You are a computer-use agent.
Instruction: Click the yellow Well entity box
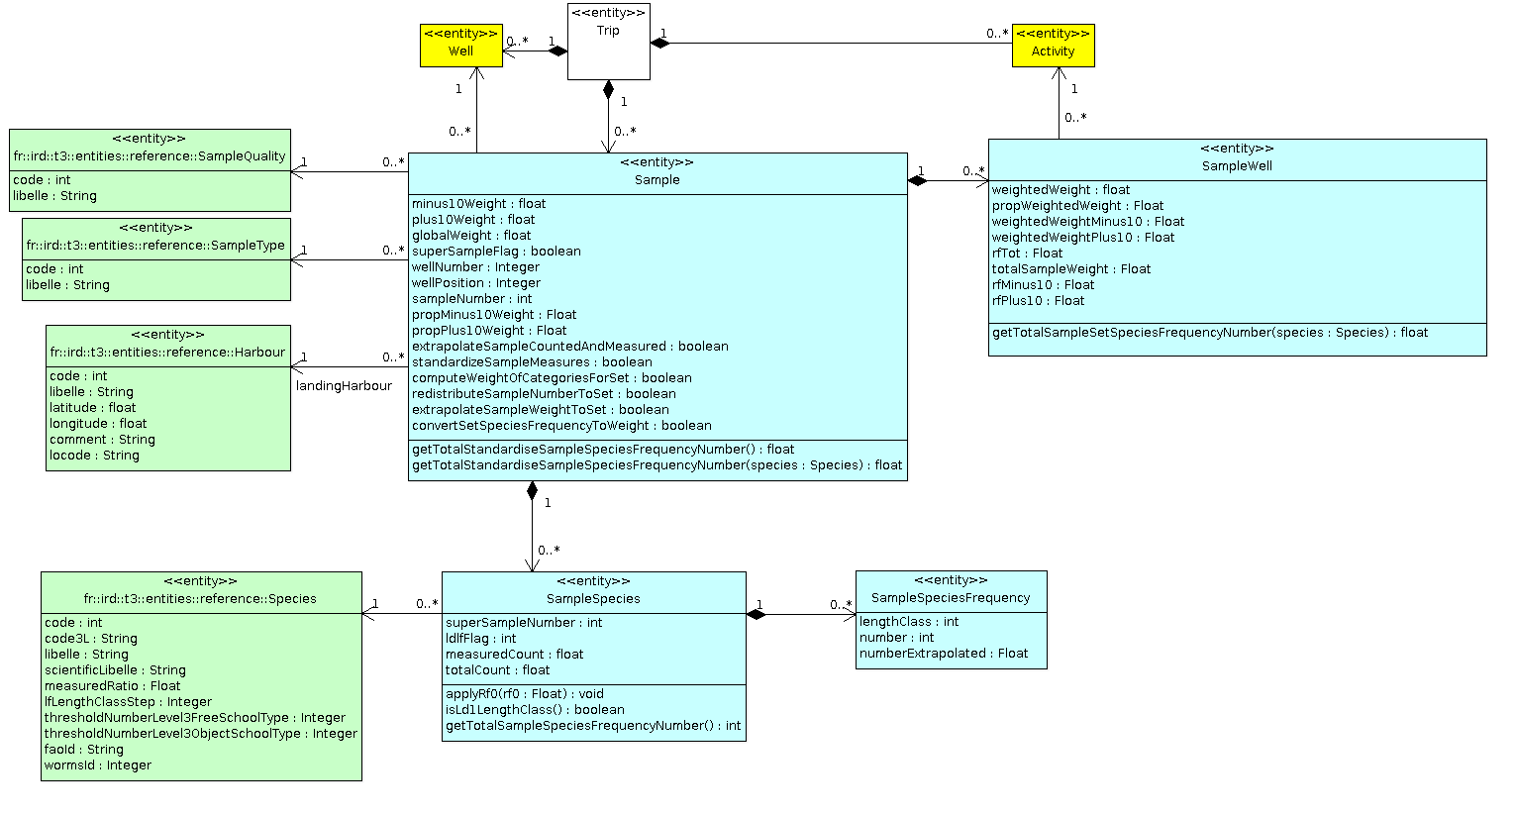pos(461,46)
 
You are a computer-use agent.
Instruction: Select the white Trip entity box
pos(608,42)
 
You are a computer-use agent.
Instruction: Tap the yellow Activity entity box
pos(1053,46)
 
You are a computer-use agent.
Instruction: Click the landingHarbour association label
pos(344,386)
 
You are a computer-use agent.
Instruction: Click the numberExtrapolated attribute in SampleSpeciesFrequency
pos(944,654)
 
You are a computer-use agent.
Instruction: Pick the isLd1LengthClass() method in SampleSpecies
pos(535,710)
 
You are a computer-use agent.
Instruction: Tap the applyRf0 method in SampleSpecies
pos(524,694)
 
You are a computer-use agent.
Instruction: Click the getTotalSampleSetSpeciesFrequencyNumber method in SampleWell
pos(1209,333)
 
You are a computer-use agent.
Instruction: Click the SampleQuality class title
pos(150,156)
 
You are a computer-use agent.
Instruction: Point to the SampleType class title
pos(155,246)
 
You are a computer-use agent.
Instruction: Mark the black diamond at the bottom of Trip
pos(608,90)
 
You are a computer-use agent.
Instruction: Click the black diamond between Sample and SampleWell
pos(919,181)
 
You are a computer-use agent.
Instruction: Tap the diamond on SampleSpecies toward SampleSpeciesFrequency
pos(757,615)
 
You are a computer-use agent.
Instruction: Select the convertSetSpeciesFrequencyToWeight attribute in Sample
pos(561,426)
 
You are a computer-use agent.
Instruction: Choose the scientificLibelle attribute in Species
pos(115,670)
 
